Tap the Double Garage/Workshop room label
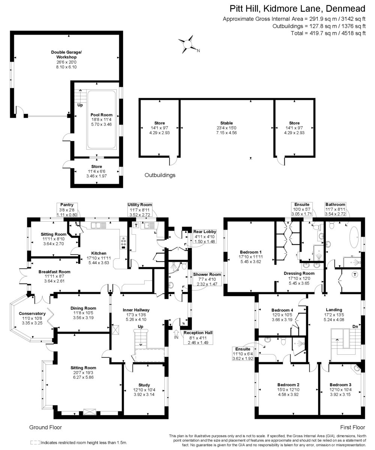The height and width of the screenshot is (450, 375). (x=66, y=54)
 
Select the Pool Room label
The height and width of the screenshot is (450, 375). (x=101, y=115)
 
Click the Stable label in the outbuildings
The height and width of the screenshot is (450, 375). (x=226, y=123)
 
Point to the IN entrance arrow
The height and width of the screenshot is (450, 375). (x=176, y=334)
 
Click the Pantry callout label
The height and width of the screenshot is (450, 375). (x=67, y=205)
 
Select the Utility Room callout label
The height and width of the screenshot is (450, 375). (x=139, y=205)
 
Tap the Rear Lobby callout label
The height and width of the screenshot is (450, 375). (x=204, y=232)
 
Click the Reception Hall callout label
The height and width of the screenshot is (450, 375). (x=198, y=333)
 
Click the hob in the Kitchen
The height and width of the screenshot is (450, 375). (x=123, y=242)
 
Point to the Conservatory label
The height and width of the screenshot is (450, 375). (x=32, y=313)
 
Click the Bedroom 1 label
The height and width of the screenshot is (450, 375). (x=250, y=252)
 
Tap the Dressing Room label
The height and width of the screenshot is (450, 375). (x=299, y=273)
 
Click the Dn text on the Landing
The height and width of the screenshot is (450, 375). (x=355, y=327)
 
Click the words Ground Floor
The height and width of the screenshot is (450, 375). (x=45, y=427)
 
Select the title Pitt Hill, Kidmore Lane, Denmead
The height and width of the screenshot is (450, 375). (x=297, y=9)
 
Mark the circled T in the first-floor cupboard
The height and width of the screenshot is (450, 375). (x=355, y=274)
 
